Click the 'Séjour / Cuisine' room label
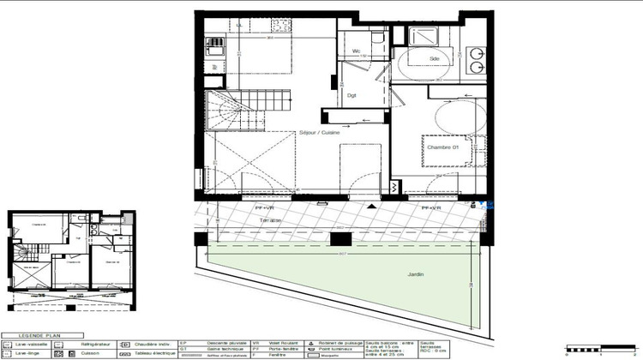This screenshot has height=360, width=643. [x=319, y=133]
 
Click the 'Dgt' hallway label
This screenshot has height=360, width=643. [x=352, y=95]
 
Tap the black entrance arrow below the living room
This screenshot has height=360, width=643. [x=370, y=207]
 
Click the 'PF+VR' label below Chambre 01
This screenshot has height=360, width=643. [x=430, y=208]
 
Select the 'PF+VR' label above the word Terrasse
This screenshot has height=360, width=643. [x=264, y=208]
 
